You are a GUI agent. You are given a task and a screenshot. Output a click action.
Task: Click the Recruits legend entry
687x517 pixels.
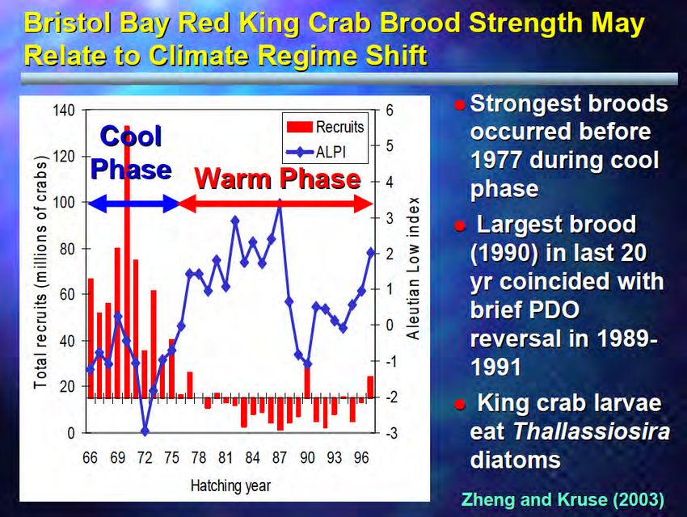325,127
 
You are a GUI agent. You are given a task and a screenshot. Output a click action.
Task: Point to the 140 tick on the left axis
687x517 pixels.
64,111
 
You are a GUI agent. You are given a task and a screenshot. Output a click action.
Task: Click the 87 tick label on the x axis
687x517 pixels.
280,457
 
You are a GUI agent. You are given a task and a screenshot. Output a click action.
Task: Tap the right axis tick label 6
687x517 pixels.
390,111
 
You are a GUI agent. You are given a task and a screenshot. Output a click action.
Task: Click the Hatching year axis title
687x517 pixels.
231,486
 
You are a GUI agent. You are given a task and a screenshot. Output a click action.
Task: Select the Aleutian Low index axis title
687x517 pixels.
413,268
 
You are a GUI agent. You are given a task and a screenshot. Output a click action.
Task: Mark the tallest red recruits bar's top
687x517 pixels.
127,127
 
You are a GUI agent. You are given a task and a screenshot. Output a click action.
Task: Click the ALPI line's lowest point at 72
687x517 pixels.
145,431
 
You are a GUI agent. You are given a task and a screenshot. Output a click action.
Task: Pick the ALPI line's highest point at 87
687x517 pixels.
280,203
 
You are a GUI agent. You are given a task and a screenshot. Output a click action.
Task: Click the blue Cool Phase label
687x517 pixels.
131,153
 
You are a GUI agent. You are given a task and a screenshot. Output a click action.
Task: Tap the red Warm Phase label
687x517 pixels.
278,179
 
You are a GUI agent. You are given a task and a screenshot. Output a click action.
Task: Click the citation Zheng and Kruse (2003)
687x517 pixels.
563,499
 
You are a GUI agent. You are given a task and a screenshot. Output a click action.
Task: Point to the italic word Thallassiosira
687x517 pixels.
592,431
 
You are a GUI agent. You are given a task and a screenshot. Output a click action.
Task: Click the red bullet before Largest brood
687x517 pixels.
460,226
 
